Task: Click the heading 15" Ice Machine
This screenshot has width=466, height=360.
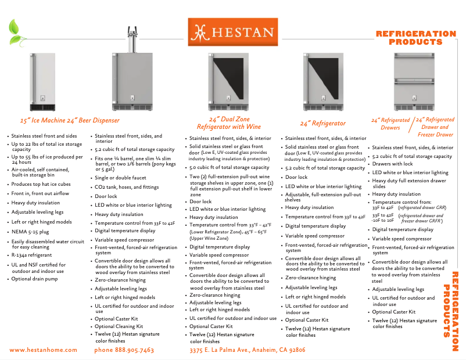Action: pyautogui.click(x=41, y=121)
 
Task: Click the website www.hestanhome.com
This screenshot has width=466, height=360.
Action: pyautogui.click(x=44, y=350)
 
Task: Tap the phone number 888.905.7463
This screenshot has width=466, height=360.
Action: pyautogui.click(x=124, y=350)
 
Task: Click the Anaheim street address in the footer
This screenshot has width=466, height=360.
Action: pyautogui.click(x=248, y=350)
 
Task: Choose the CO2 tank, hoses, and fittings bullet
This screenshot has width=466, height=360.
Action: pyautogui.click(x=127, y=188)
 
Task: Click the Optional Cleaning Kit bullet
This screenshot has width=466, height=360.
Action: pyautogui.click(x=119, y=327)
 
